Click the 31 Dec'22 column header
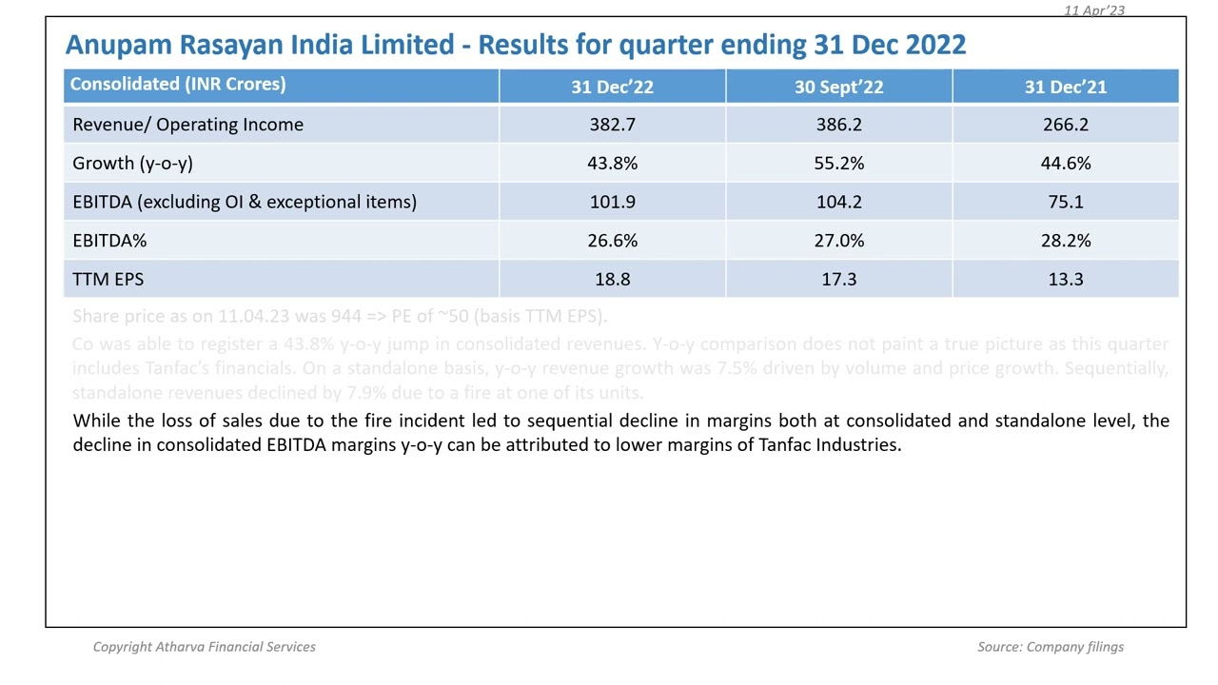(x=612, y=87)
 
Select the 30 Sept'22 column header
(x=838, y=87)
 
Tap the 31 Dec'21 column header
(x=1065, y=87)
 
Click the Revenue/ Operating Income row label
(x=187, y=125)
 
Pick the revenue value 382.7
(x=612, y=125)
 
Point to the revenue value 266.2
(x=1065, y=125)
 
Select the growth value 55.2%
(x=838, y=164)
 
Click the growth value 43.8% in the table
(x=612, y=164)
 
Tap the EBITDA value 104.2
(x=838, y=202)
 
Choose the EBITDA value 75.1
(x=1065, y=202)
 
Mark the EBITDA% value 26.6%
(x=612, y=241)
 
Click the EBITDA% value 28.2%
(x=1065, y=241)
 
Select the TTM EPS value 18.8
(x=612, y=279)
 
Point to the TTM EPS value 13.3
(x=1065, y=279)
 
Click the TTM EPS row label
(x=108, y=279)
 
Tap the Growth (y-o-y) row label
(x=132, y=164)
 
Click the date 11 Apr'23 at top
(x=1093, y=10)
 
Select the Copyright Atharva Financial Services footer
(x=204, y=647)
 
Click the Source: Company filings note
(x=1050, y=647)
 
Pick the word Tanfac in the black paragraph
(x=784, y=445)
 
